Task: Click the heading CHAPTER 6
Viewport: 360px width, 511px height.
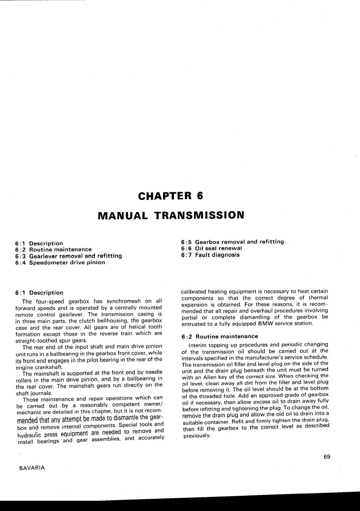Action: coord(170,196)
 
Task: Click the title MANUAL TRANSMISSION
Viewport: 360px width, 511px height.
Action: coord(171,215)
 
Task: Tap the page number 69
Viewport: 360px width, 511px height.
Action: coord(327,457)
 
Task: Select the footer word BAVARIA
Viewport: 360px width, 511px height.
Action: coord(30,468)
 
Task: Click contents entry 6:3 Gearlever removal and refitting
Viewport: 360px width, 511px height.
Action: coord(69,256)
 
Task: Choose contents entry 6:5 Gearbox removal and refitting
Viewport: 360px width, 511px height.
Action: coord(232,242)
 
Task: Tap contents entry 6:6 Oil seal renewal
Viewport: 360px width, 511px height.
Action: coord(211,248)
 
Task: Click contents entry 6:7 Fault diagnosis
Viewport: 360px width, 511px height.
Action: coord(210,255)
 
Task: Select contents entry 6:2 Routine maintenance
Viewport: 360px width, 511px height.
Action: coord(53,249)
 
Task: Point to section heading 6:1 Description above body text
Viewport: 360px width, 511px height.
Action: coord(39,293)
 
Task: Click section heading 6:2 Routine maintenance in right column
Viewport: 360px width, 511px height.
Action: coord(220,336)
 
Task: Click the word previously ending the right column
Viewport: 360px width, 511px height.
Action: coord(196,435)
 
